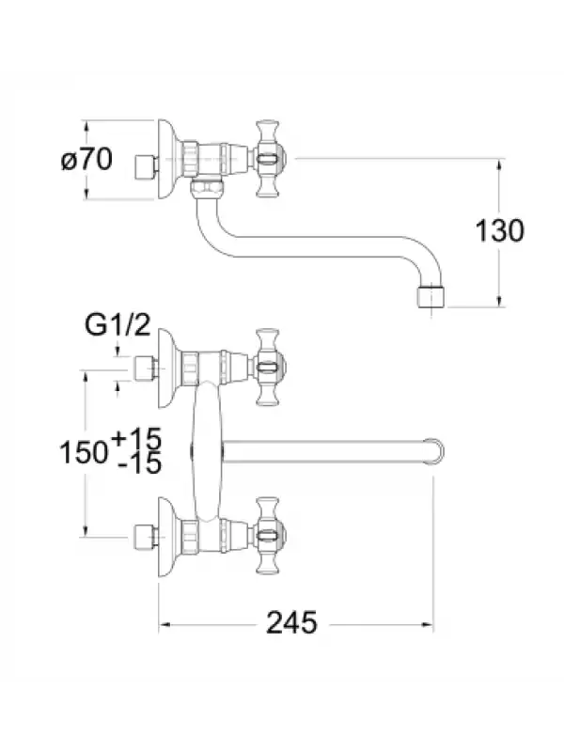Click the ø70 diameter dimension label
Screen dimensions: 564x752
86,159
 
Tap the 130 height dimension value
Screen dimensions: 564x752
499,230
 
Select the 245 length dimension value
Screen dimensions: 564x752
291,623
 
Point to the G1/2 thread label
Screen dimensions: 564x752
117,325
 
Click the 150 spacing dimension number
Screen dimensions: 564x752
84,452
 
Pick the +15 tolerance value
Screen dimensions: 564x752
136,438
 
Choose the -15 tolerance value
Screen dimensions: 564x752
139,463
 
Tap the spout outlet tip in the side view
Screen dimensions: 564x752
431,297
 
